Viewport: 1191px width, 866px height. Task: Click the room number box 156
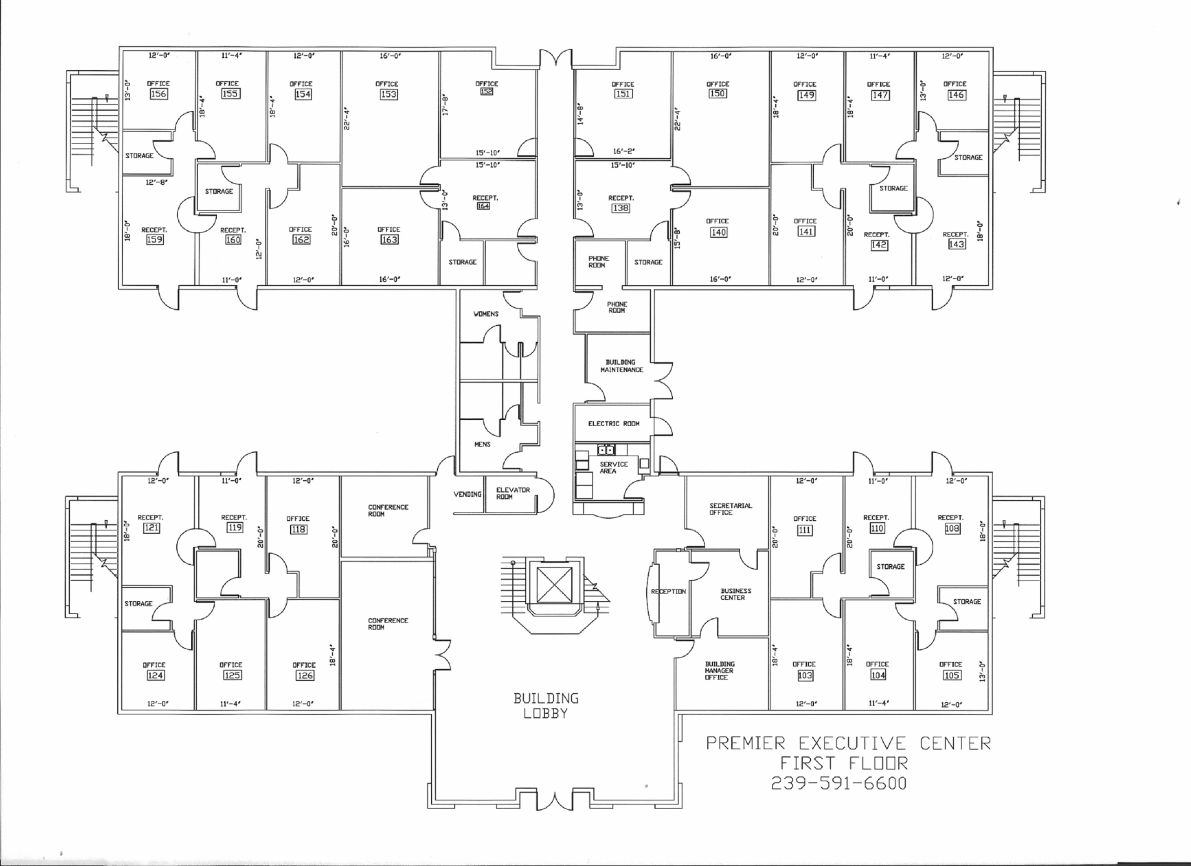pos(158,94)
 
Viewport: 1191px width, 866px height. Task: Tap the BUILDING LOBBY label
pos(546,705)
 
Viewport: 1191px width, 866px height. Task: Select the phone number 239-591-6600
pos(839,783)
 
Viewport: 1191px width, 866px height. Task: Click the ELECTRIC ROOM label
pos(613,423)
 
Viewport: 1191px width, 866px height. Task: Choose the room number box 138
pos(621,208)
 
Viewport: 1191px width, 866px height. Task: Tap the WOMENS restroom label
pos(486,314)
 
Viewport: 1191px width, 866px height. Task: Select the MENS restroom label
pos(482,444)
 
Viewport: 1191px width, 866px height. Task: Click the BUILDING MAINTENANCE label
pos(621,366)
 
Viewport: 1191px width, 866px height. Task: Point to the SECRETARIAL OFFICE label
pos(730,509)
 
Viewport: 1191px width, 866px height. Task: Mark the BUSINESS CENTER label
pos(735,594)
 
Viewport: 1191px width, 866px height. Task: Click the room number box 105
pos(951,675)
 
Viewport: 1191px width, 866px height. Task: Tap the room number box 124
pos(155,675)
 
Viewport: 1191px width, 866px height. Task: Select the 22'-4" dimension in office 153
pos(348,119)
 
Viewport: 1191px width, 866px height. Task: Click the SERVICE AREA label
pos(613,467)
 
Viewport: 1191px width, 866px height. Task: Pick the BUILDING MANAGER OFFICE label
pos(719,671)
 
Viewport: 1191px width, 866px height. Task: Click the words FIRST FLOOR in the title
pos(843,763)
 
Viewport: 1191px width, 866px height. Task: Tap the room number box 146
pos(956,95)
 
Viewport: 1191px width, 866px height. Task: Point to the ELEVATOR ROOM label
pos(513,493)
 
